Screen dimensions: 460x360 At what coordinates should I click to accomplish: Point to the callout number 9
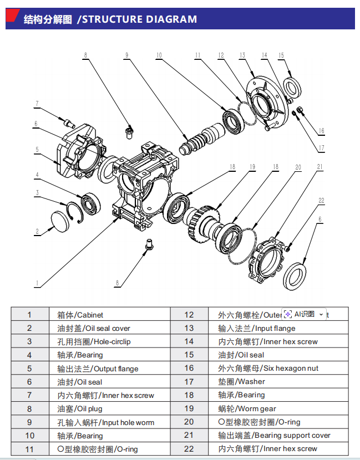point(126,55)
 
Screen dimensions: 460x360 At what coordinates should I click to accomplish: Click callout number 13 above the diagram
point(242,55)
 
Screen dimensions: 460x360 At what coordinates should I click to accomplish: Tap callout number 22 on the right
point(321,200)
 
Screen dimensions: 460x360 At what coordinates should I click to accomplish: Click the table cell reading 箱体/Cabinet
point(80,315)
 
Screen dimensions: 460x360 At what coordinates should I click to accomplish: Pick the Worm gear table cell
point(247,408)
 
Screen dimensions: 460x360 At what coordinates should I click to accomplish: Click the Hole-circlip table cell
point(94,341)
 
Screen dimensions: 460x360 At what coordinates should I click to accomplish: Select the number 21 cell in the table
point(189,436)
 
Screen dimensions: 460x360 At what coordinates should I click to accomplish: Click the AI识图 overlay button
point(303,314)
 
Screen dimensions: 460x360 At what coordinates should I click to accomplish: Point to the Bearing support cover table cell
point(274,436)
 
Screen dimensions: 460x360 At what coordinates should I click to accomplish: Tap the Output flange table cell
point(98,369)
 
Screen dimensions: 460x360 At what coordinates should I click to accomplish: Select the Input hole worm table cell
point(105,422)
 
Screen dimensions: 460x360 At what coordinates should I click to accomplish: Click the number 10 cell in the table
point(30,436)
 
